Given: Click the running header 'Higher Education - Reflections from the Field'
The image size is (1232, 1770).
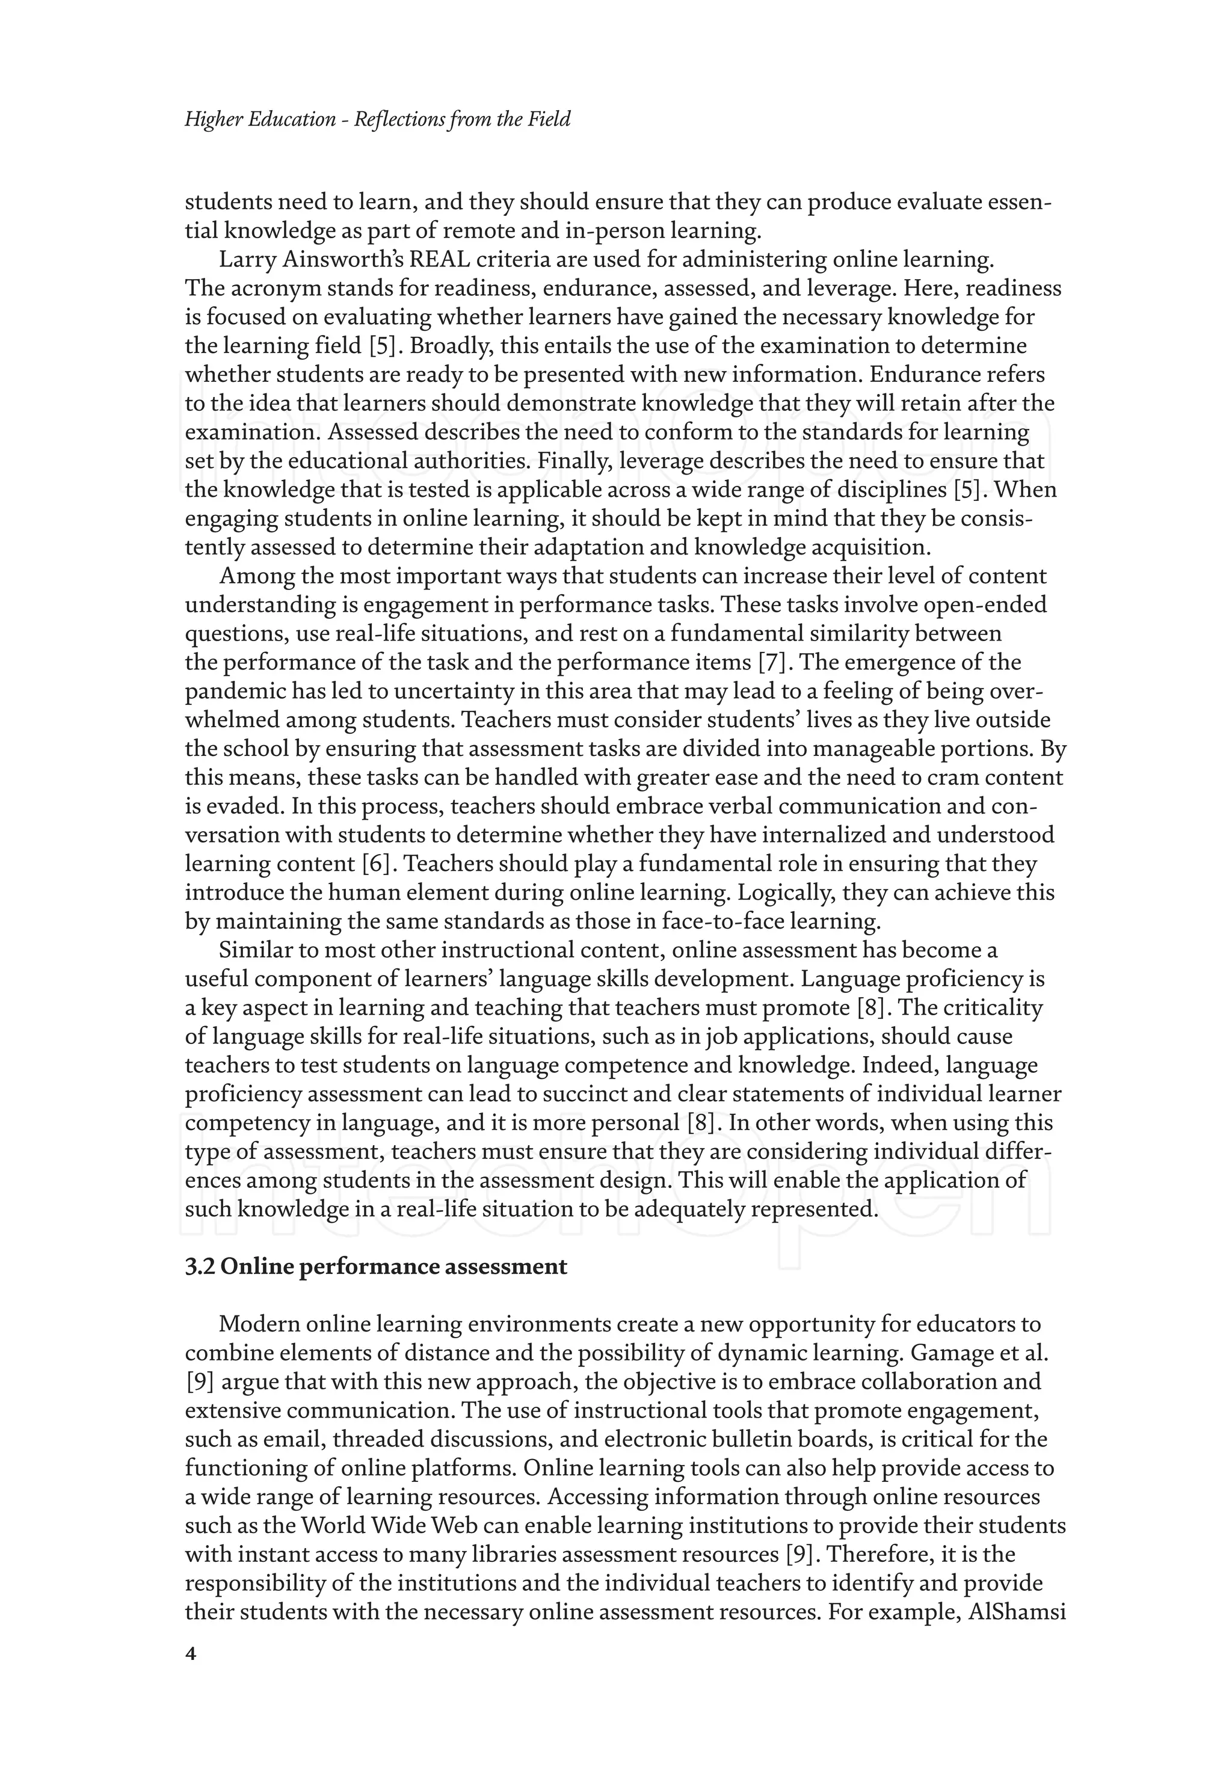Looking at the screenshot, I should (377, 120).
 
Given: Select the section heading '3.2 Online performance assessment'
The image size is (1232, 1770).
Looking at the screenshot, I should (375, 1267).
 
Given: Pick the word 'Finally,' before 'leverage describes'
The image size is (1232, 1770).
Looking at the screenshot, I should (574, 461).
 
